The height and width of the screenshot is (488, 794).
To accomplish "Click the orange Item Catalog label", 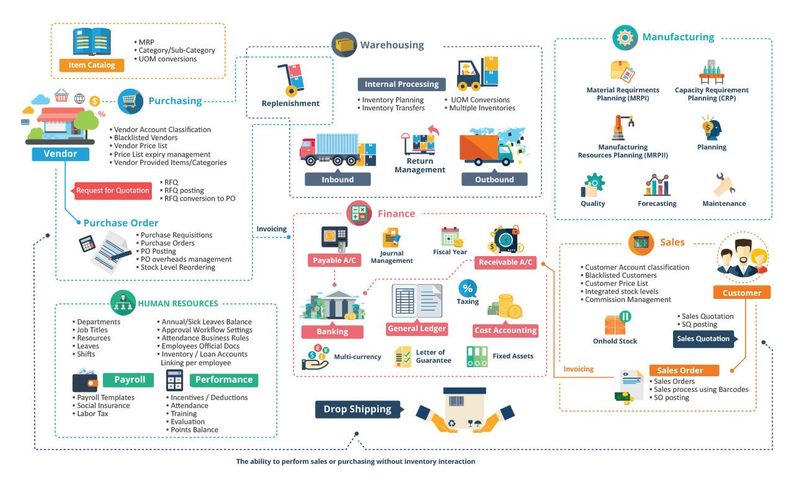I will (x=92, y=65).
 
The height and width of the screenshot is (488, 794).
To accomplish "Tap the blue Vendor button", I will (x=60, y=154).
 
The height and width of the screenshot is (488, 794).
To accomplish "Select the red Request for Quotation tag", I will (x=114, y=190).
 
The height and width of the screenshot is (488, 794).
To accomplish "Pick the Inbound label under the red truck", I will (x=337, y=180).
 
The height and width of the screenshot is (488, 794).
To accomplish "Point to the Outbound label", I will (x=494, y=180).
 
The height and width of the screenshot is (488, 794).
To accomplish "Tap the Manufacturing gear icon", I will (x=625, y=37).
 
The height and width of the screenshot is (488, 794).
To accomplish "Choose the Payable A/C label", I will (x=334, y=260).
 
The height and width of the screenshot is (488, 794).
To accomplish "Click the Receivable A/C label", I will (x=506, y=262).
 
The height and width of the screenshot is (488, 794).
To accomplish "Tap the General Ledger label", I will (x=417, y=329).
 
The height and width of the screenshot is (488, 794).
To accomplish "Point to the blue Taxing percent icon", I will (x=468, y=288).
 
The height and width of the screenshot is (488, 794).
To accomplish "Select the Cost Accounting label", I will (x=505, y=331).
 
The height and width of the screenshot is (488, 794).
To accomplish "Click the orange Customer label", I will (x=742, y=293).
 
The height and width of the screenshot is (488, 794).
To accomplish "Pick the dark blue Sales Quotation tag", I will (x=704, y=339).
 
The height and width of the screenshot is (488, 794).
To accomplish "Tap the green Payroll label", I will (x=130, y=379).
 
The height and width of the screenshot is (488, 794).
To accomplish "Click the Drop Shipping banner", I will (x=357, y=409).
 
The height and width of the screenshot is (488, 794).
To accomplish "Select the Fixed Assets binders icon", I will (x=477, y=357).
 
